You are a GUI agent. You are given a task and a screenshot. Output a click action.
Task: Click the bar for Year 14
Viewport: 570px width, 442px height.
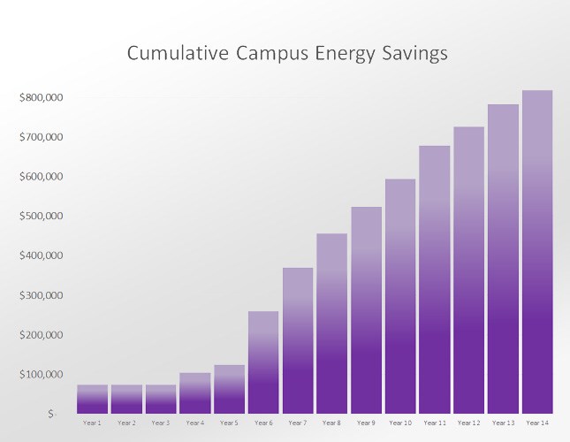pos(537,252)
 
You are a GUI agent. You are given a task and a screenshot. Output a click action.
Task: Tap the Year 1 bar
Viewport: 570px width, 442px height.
pos(92,399)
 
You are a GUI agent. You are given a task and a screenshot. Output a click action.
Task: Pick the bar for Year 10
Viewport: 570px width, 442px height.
pos(400,296)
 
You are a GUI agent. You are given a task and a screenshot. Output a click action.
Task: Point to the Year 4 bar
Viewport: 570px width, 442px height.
pos(194,393)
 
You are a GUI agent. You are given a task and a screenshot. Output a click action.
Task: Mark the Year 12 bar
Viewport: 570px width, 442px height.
pos(468,270)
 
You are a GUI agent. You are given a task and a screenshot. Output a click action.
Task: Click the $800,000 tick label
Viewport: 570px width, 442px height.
pos(41,97)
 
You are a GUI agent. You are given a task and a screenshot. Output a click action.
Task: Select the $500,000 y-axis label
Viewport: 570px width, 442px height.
pos(41,216)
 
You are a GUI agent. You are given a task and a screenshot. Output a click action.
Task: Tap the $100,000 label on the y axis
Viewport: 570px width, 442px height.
pos(41,374)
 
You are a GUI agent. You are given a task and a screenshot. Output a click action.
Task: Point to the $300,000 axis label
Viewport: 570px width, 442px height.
pos(41,295)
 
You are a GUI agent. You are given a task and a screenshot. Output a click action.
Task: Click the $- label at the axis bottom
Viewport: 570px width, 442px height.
pos(52,414)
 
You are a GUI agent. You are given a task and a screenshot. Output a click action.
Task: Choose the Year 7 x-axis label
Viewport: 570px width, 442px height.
pos(297,423)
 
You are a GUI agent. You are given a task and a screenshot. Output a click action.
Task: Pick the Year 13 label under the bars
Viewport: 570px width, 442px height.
pos(503,423)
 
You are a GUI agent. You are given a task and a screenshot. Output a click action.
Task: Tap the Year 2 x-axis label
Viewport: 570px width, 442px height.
pos(126,423)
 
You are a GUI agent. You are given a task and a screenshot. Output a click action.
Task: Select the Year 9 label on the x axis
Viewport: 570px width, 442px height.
pos(366,423)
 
